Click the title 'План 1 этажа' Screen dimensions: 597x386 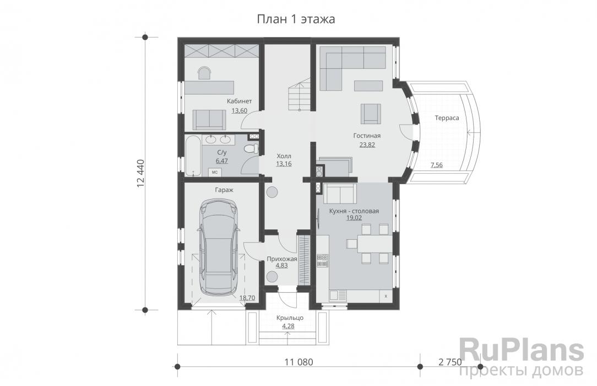296,19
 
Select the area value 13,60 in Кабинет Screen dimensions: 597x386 239,111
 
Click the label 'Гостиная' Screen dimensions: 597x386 367,136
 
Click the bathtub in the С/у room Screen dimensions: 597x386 193,156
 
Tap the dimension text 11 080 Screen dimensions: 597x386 298,362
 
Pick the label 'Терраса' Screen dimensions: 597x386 447,118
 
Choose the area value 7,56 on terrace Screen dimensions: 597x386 436,165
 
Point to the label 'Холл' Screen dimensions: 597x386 284,156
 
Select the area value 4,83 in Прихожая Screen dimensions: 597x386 281,266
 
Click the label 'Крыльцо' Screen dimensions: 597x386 290,318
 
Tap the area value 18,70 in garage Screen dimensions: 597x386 247,298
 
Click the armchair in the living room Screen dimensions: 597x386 371,114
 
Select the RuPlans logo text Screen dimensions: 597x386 522,351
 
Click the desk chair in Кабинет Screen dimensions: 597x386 204,73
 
